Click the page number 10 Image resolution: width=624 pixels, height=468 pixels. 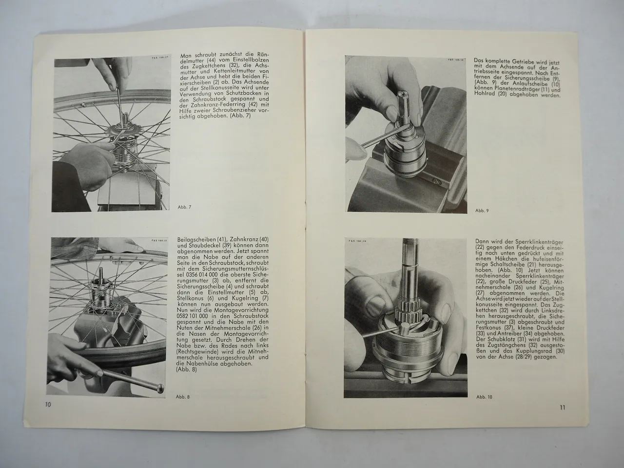(x=48, y=405)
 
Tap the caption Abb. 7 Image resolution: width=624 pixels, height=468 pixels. (x=185, y=208)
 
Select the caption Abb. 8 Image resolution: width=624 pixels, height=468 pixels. (x=183, y=397)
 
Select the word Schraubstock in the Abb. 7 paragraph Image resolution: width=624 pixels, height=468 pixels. (x=196, y=101)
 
